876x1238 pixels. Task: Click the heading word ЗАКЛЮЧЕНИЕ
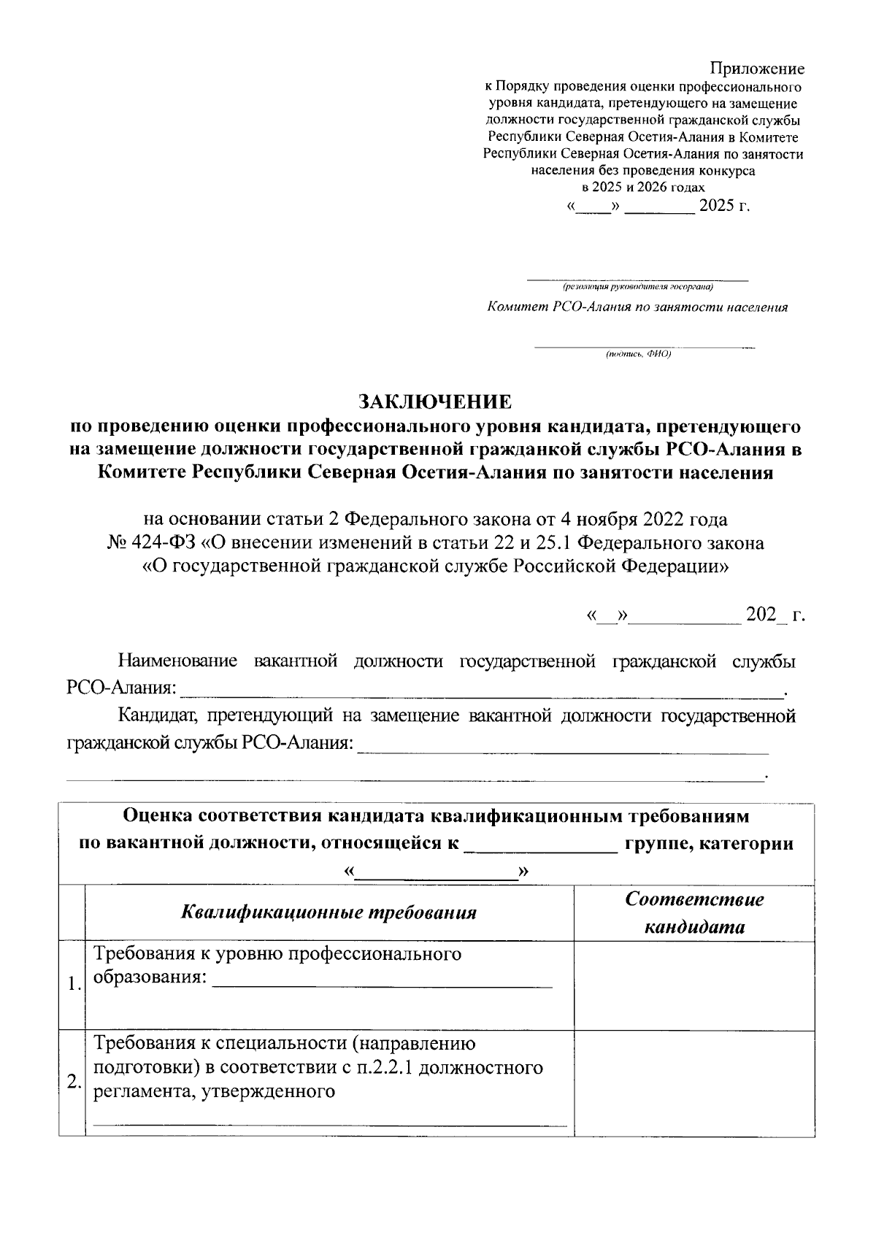[435, 401]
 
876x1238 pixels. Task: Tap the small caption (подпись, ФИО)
[637, 354]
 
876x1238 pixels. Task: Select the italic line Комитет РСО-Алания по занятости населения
[637, 307]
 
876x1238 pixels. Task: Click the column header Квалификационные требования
[328, 912]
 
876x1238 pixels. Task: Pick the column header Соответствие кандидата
[693, 912]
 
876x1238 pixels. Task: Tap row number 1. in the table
[72, 983]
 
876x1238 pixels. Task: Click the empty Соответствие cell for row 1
[693, 985]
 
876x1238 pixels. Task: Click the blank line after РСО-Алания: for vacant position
[482, 689]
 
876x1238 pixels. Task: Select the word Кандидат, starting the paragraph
[153, 716]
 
